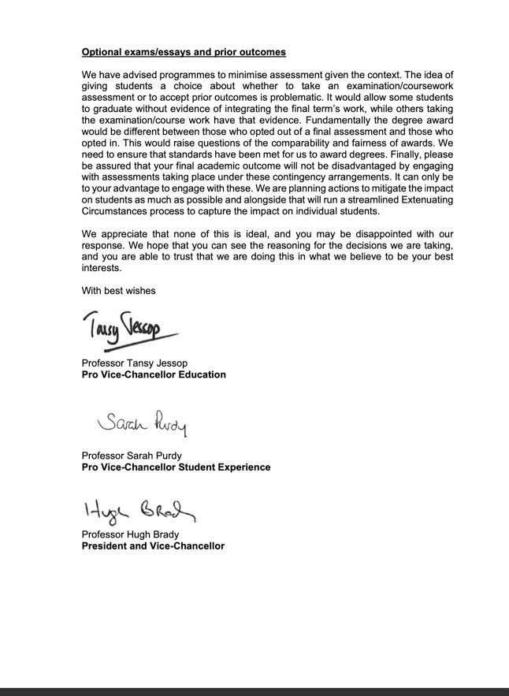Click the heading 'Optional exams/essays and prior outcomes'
point(184,53)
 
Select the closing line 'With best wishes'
point(118,290)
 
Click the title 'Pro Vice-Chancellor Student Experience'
point(176,467)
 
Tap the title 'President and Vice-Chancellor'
point(153,545)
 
